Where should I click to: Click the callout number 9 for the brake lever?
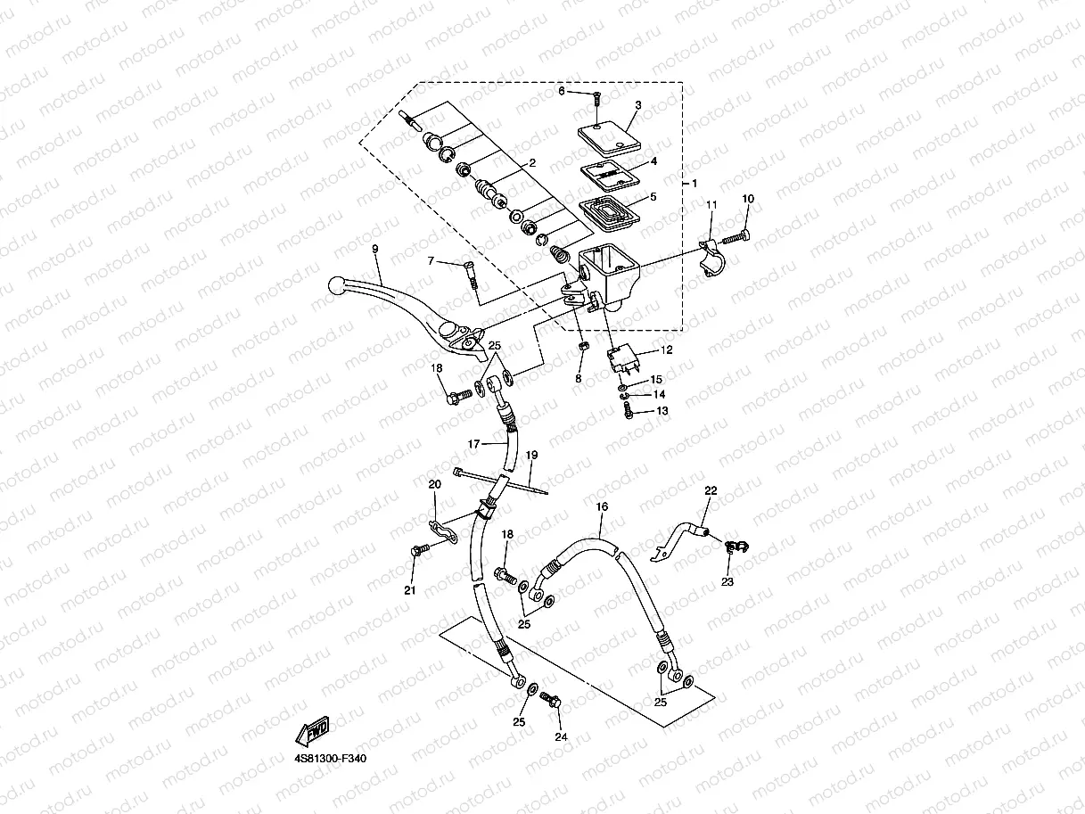pyautogui.click(x=375, y=250)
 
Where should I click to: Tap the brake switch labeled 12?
pyautogui.click(x=624, y=359)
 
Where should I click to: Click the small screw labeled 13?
pyautogui.click(x=629, y=411)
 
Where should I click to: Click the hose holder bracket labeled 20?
pyautogui.click(x=440, y=530)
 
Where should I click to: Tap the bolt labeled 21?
pyautogui.click(x=416, y=553)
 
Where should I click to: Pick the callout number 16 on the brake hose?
pyautogui.click(x=602, y=506)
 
